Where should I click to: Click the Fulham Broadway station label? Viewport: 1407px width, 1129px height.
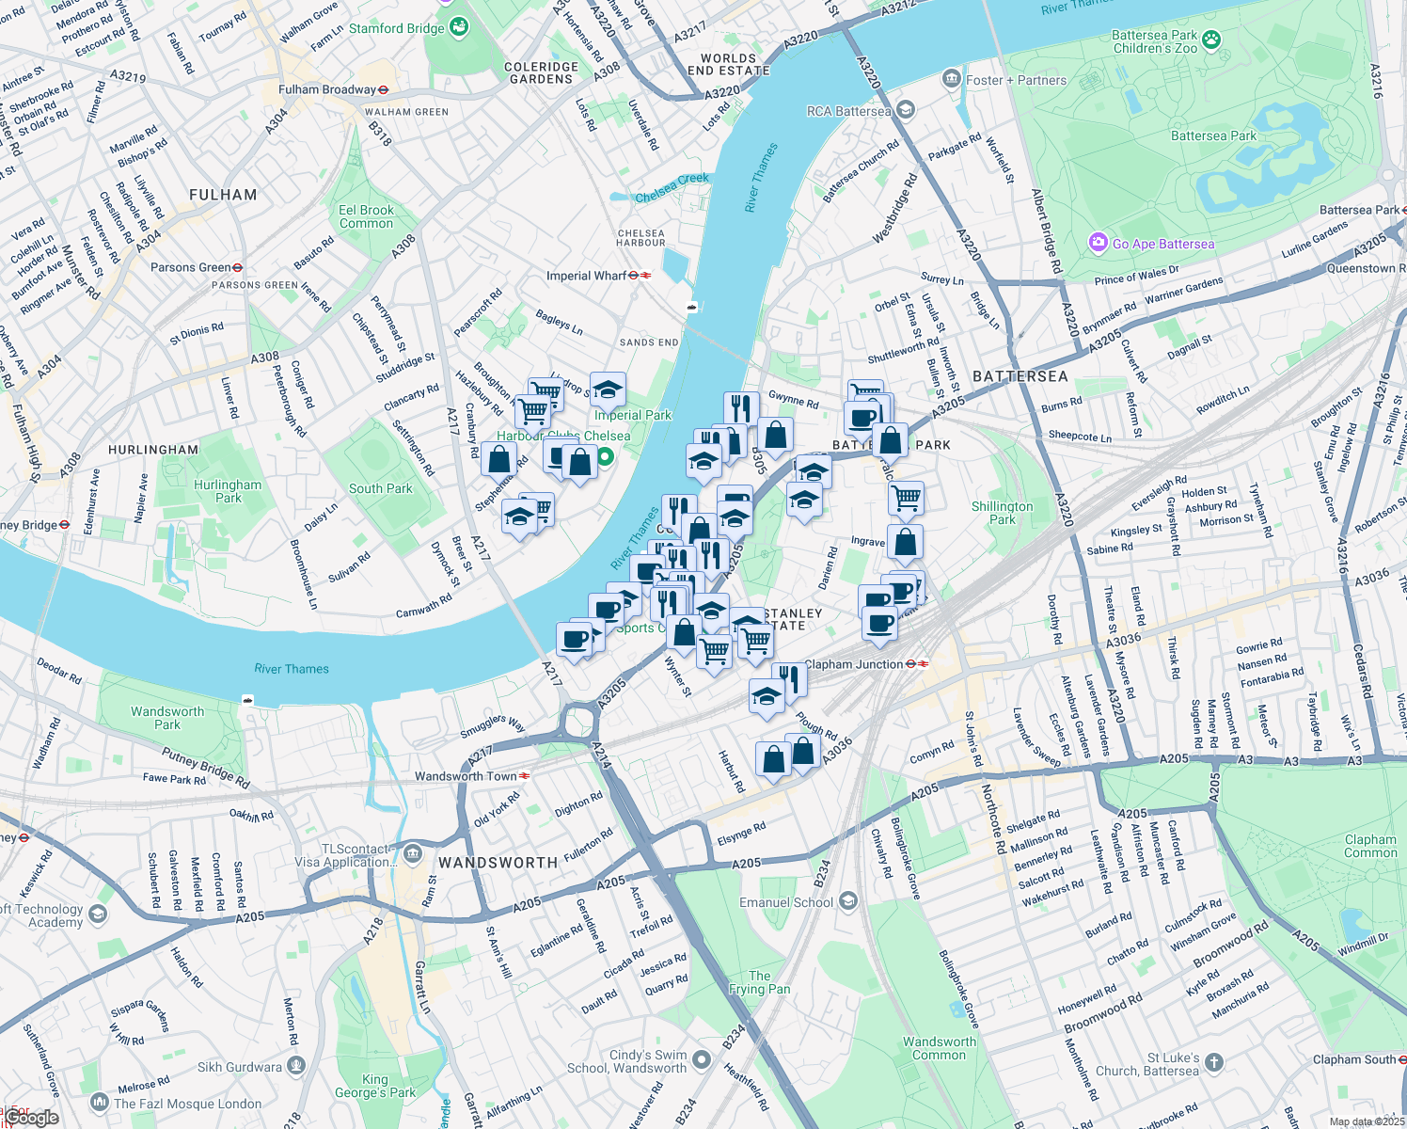[327, 89]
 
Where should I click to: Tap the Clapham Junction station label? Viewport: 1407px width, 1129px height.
[854, 664]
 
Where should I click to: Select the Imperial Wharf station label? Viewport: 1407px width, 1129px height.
[587, 276]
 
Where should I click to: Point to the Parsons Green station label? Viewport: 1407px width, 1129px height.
[190, 267]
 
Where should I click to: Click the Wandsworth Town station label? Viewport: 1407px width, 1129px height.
[466, 776]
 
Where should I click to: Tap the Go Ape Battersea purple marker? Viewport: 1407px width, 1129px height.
[1098, 244]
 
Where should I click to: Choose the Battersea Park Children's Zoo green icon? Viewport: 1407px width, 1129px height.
[1211, 40]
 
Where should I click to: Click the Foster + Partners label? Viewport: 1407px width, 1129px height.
[1016, 80]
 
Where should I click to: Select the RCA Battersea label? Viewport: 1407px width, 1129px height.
[848, 111]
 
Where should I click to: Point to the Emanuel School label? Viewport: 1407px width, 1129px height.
[786, 902]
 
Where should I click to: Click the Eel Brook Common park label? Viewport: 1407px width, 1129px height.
[366, 216]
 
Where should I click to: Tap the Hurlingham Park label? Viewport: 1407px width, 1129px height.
[228, 491]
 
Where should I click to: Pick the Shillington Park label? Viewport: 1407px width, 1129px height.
[1002, 513]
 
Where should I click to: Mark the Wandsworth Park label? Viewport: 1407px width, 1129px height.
[167, 718]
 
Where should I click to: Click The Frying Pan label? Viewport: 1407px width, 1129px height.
[759, 982]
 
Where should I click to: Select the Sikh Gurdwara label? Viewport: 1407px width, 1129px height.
[240, 1067]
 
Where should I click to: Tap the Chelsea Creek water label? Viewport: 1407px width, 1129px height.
[672, 187]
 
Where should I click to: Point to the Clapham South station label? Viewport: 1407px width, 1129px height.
[1354, 1059]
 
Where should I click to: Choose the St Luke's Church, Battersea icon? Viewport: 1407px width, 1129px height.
[1214, 1063]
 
